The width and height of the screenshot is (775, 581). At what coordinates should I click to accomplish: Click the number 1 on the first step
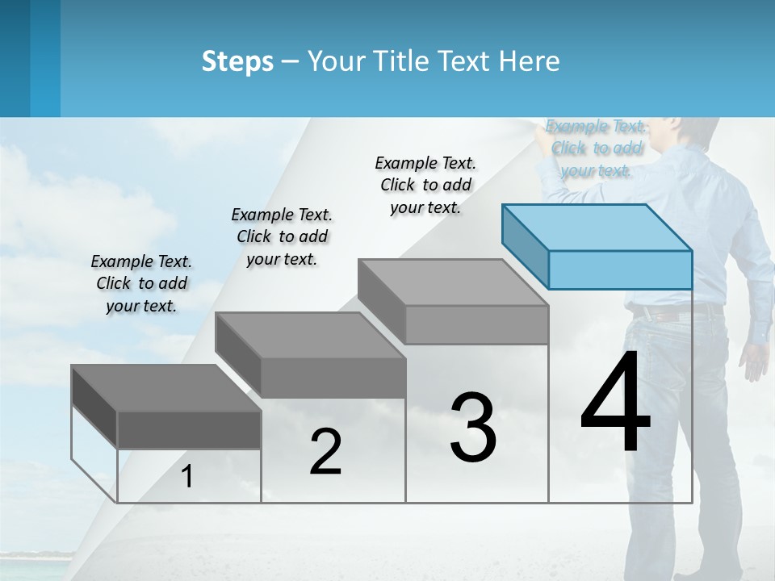(187, 476)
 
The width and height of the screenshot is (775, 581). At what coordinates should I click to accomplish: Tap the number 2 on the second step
(325, 452)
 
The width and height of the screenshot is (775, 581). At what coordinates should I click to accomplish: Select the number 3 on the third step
(473, 428)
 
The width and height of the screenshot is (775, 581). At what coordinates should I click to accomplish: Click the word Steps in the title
(237, 61)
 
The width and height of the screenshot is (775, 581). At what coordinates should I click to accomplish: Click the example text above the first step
(141, 283)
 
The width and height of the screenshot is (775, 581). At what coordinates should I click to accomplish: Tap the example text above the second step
(282, 236)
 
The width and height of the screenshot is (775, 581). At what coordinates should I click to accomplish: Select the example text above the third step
(425, 185)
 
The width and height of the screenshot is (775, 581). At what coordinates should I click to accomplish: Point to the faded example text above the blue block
(597, 148)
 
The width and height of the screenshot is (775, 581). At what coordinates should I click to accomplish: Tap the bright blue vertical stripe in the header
(45, 58)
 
